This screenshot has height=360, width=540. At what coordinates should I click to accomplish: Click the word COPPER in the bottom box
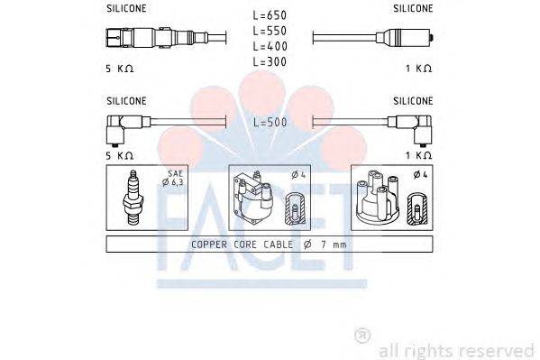pos(210,245)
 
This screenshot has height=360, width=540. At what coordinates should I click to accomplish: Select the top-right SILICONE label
pos(413,8)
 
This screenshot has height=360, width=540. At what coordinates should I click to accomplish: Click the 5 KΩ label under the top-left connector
pos(120,69)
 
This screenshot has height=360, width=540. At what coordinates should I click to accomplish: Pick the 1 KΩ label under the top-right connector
pos(418,69)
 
